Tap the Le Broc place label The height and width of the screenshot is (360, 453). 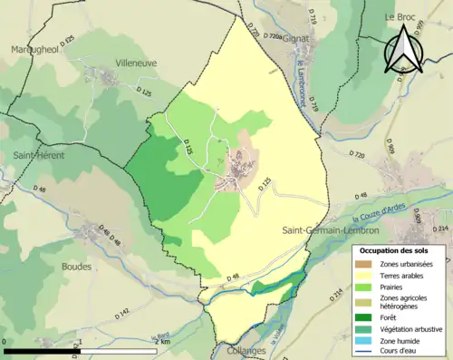[399, 16]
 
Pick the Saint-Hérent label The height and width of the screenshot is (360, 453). [36, 156]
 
